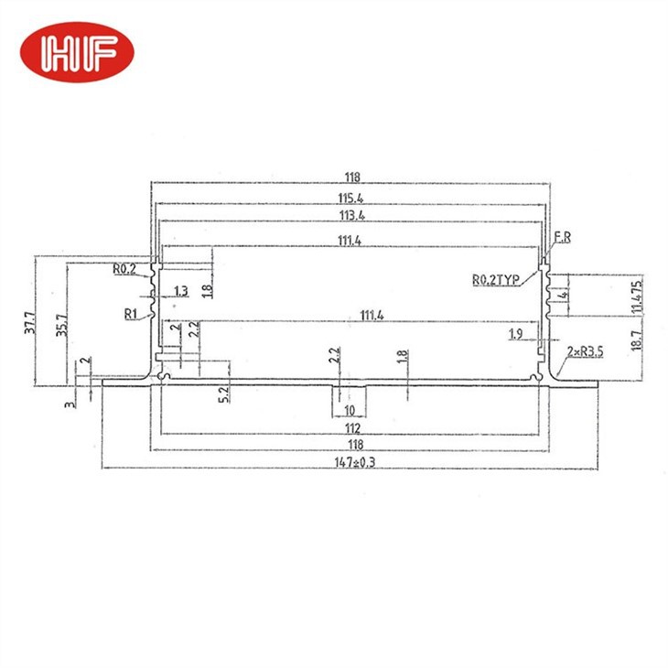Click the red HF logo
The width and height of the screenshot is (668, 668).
click(78, 52)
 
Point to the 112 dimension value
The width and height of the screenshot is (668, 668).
click(352, 427)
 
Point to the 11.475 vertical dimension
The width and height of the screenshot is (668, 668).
click(635, 294)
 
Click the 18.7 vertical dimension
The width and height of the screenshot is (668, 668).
click(635, 341)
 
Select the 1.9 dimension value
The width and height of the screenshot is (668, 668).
click(515, 336)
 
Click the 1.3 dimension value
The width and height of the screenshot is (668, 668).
click(181, 291)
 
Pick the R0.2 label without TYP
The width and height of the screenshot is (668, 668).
click(124, 269)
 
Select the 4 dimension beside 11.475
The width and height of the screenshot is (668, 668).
click(567, 294)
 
